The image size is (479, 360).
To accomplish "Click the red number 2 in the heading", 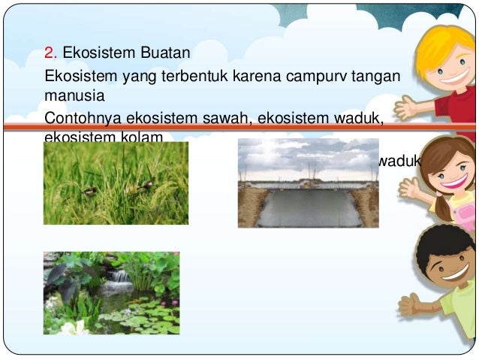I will (x=50, y=53).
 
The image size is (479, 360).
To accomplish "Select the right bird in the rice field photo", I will (x=145, y=183).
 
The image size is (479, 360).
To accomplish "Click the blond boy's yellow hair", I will (x=446, y=45).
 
